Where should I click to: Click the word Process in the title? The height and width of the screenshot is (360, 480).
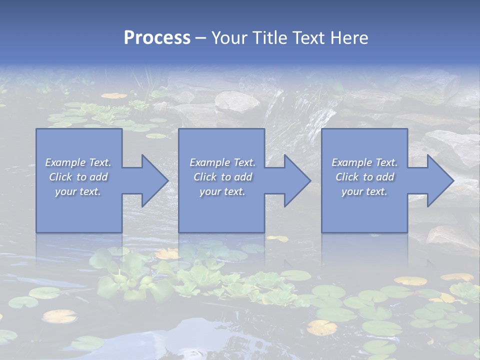click(157, 38)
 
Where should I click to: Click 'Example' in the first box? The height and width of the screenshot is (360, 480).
click(65, 162)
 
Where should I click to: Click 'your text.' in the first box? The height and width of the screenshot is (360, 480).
click(78, 191)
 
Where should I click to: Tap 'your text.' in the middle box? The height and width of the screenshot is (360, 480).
click(222, 191)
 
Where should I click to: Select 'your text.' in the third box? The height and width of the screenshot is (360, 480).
click(364, 191)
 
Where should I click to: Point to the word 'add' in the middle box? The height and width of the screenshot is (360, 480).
click(243, 177)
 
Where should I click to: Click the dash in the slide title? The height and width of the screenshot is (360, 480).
click(200, 38)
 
